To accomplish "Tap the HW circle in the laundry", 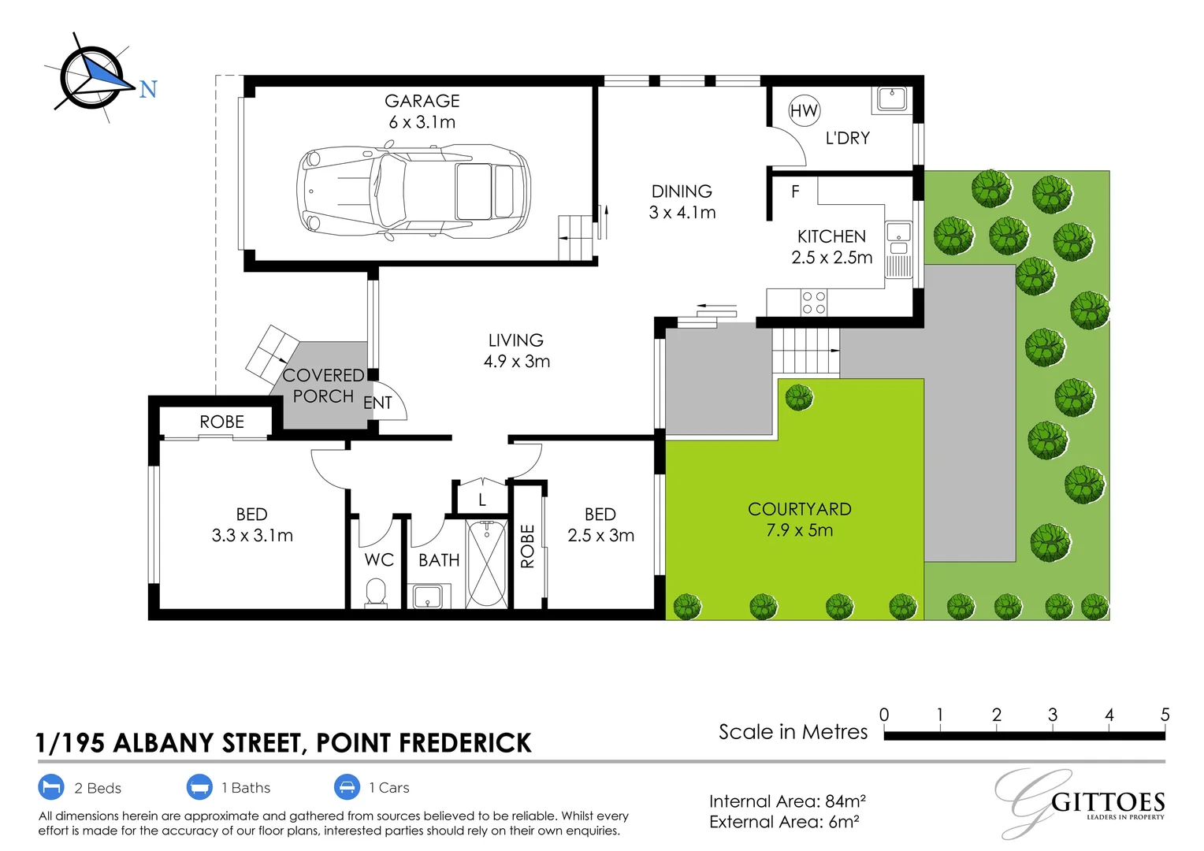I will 804,111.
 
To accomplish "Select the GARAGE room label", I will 422,101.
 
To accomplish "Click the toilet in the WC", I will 376,593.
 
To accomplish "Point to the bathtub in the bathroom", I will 486,563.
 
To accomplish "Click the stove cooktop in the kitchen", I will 814,303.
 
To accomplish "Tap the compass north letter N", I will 148,90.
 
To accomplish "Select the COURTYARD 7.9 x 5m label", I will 799,519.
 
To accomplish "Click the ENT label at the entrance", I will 377,403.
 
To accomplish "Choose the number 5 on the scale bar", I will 1165,715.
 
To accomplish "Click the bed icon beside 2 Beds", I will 51,787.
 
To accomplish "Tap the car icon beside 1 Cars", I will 347,787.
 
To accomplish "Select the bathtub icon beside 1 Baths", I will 199,787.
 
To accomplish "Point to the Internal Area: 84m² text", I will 786,801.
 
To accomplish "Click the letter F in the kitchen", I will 795,191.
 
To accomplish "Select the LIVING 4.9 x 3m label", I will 516,351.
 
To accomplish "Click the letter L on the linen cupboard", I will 482,500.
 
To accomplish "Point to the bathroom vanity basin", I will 428,596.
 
